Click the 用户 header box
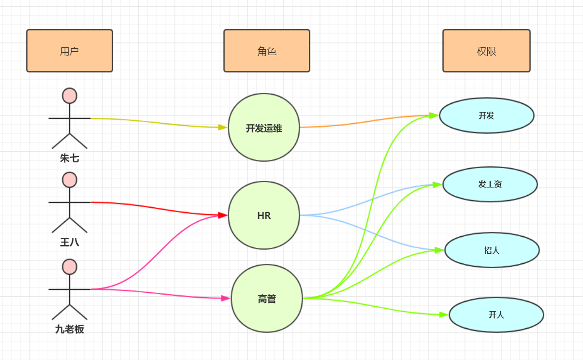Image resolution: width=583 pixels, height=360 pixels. pos(70,51)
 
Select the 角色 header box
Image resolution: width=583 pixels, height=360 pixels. pos(266,51)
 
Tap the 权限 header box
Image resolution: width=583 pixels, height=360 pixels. pos(486,51)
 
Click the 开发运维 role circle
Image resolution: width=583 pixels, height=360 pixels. pos(264,128)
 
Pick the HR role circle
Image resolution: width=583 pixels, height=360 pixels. pos(264,216)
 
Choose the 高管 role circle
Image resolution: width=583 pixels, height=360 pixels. pos(267,299)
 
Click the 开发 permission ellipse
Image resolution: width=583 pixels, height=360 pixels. pos(486,115)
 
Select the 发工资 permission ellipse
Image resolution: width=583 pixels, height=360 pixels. pos(490,184)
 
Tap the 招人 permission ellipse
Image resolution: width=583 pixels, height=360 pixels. pos(492,250)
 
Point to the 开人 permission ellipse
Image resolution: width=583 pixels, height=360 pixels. pos(496,315)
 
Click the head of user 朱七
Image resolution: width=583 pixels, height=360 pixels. pos(70,96)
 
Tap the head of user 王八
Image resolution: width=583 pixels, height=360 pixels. pos(70,180)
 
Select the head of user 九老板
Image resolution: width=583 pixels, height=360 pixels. pos(70,267)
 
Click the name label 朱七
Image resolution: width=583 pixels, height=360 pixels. pos(70,158)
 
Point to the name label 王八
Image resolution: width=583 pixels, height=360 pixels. pos(70,242)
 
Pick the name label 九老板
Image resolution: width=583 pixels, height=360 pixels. pos(70,330)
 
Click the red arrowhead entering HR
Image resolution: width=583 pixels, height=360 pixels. pos(223,215)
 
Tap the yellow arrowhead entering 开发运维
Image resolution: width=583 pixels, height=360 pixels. pos(222,128)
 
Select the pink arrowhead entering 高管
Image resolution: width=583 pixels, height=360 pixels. pos(225,298)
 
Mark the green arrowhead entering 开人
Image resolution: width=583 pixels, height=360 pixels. pos(443,315)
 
